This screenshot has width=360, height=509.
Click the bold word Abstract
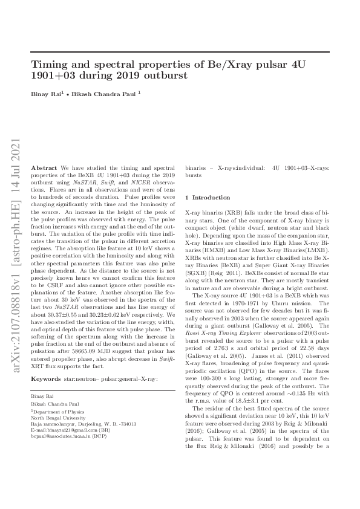(x=44, y=166)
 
